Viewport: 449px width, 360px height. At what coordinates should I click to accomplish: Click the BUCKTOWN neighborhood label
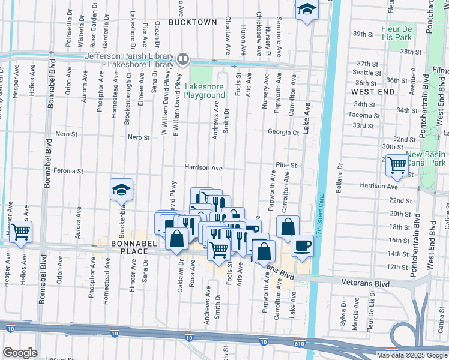192,22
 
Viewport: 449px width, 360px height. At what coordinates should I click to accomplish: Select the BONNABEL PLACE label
129,247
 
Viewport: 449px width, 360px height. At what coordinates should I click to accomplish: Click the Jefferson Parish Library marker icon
183,59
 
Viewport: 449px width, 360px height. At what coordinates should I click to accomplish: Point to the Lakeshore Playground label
204,91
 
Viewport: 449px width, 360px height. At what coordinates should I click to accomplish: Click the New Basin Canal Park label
426,158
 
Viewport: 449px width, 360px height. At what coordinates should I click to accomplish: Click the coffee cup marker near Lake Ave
301,245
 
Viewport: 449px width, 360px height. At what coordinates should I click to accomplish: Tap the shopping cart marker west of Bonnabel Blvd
21,231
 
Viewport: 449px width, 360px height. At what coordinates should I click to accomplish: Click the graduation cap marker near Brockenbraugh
121,190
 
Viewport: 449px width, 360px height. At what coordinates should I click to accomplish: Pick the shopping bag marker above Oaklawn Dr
178,239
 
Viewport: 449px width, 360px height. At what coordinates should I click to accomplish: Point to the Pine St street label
286,165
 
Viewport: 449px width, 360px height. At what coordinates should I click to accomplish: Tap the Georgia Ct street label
283,132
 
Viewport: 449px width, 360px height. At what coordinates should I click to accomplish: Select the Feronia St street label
67,171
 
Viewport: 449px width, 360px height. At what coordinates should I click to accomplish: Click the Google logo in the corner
20,353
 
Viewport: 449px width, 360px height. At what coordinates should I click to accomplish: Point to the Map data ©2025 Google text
411,355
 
